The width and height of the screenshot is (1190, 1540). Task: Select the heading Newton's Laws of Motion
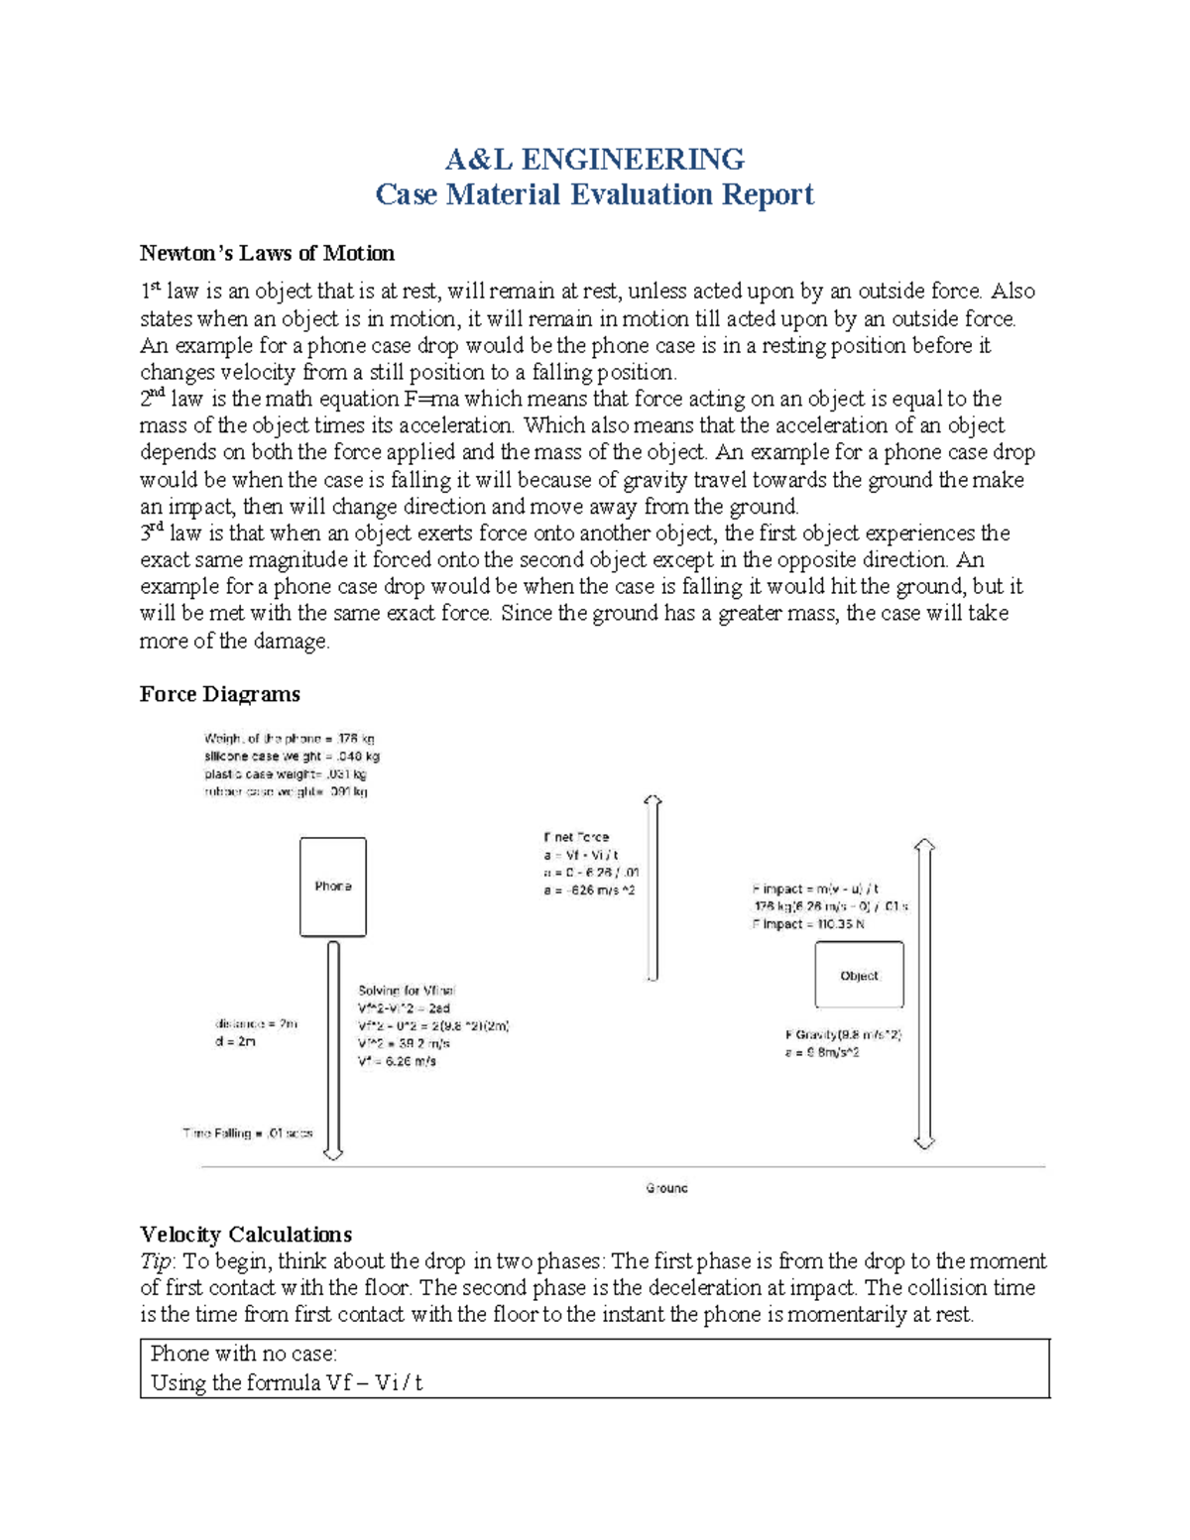[267, 253]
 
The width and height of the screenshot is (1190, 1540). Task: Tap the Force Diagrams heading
[219, 694]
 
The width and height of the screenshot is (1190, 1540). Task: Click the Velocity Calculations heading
[246, 1235]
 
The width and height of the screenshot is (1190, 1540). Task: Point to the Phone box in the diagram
[333, 887]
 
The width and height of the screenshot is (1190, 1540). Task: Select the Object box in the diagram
[859, 976]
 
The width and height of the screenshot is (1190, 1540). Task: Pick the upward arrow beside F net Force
[652, 888]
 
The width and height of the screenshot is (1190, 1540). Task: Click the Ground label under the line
[666, 1188]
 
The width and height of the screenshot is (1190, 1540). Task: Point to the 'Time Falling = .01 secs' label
[248, 1132]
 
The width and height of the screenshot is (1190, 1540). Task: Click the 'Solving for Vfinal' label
[407, 991]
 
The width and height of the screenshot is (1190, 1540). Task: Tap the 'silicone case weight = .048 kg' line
[292, 757]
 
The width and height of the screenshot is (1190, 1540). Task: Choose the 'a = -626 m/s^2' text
[588, 890]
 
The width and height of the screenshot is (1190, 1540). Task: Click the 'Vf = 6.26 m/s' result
[397, 1061]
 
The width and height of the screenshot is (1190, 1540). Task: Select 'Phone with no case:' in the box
[244, 1354]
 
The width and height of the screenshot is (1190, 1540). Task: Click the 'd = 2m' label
[235, 1041]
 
